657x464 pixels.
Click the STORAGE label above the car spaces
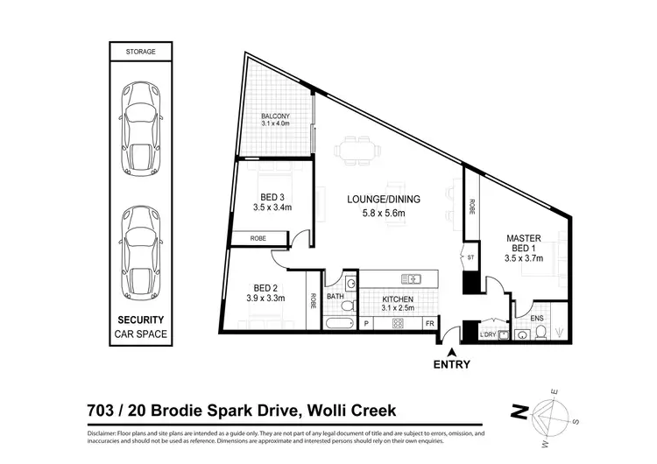140,52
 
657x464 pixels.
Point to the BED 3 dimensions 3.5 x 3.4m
270,207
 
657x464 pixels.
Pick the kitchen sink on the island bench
410,279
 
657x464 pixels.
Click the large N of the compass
519,410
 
